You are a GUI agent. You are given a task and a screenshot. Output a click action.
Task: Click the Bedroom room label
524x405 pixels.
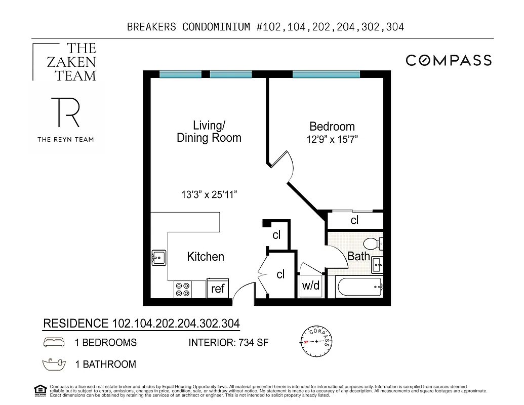(x=332, y=127)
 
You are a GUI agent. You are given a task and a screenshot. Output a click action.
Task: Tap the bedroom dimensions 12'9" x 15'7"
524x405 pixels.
(x=332, y=140)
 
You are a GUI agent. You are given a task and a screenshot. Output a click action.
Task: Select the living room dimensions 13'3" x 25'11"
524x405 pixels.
(x=210, y=194)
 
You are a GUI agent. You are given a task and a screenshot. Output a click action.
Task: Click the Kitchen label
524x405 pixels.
(x=206, y=257)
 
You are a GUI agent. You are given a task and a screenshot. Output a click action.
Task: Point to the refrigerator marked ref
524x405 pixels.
(x=218, y=289)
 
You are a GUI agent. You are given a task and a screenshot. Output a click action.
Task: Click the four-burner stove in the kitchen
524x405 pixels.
(x=183, y=289)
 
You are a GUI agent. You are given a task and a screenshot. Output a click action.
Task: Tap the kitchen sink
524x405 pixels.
(x=159, y=258)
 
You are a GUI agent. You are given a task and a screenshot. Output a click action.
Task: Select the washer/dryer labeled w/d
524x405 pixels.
(x=311, y=286)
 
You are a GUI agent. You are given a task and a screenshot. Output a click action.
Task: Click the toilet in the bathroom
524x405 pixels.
(x=375, y=244)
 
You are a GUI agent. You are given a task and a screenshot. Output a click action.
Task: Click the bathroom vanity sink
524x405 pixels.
(x=378, y=264)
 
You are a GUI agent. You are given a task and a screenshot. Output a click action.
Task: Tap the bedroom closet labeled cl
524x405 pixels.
(x=354, y=220)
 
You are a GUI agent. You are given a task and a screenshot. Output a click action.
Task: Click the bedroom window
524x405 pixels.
(x=326, y=74)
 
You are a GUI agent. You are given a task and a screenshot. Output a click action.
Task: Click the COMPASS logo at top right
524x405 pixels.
(x=449, y=60)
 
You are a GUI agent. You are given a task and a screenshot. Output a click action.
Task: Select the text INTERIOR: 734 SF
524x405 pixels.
(x=228, y=343)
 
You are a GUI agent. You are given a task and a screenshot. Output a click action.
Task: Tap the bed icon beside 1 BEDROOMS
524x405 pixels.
(x=54, y=343)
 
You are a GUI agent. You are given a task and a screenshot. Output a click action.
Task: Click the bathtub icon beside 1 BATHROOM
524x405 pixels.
(x=54, y=363)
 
